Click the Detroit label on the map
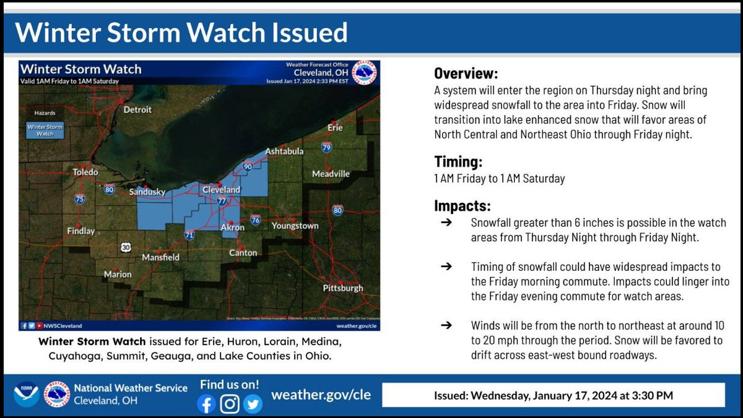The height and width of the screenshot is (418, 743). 137,110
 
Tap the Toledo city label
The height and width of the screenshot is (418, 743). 86,172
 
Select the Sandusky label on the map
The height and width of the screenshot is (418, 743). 147,192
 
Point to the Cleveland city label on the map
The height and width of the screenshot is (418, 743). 221,189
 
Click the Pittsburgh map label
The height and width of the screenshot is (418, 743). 343,288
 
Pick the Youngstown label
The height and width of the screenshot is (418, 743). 295,226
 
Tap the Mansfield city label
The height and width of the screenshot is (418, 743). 160,257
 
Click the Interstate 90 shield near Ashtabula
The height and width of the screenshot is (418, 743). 248,166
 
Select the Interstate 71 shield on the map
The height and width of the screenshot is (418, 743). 189,235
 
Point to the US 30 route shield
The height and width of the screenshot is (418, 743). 126,247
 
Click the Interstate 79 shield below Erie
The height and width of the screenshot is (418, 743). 326,147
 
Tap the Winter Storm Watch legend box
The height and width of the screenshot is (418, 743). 45,130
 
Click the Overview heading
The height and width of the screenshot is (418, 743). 466,74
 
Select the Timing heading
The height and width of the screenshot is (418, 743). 458,162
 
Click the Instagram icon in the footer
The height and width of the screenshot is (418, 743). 230,404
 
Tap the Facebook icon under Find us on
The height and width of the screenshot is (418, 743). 207,404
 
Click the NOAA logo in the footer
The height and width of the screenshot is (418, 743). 26,395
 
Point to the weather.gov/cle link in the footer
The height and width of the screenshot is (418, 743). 321,395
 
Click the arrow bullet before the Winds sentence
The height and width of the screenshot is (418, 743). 446,325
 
